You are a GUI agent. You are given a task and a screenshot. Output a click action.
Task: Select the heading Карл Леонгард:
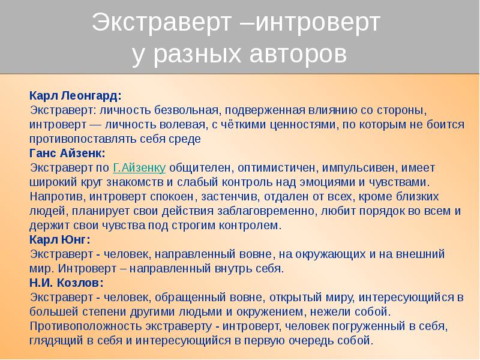coord(75,95)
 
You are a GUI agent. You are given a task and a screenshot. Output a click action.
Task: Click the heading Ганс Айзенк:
coord(67,153)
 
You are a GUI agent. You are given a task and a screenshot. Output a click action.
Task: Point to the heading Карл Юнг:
coord(60,239)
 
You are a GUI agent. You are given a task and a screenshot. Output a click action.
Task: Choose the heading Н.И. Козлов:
coord(66,283)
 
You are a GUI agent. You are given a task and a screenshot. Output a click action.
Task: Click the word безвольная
coord(188,110)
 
